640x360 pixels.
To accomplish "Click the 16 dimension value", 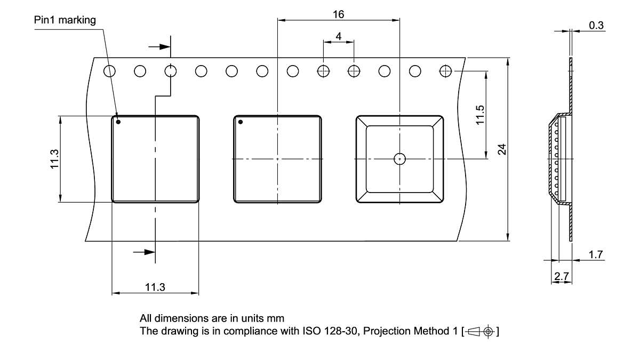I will pos(338,14).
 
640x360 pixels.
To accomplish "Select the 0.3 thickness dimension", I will pos(596,25).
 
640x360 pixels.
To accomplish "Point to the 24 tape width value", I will pos(502,149).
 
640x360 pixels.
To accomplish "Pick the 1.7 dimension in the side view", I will pos(596,255).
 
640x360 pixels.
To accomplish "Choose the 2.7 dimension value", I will pos(561,276).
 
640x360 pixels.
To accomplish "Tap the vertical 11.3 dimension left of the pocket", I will pos(54,159).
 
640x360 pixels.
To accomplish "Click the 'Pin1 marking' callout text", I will pos(65,20).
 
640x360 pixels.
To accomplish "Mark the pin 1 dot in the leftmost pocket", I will pos(118,122).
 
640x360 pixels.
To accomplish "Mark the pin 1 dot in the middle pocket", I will pos(241,122).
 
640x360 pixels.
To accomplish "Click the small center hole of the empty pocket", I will pos(399,158).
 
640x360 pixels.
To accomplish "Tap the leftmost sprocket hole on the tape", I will pos(109,71).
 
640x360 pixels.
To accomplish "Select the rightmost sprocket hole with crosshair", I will pos(445,70).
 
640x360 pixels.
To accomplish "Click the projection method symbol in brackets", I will pos(482,331).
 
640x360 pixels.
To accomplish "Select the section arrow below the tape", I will pos(143,251).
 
